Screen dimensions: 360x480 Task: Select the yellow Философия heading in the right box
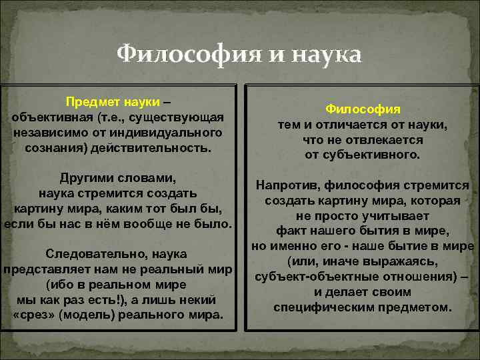(363, 109)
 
